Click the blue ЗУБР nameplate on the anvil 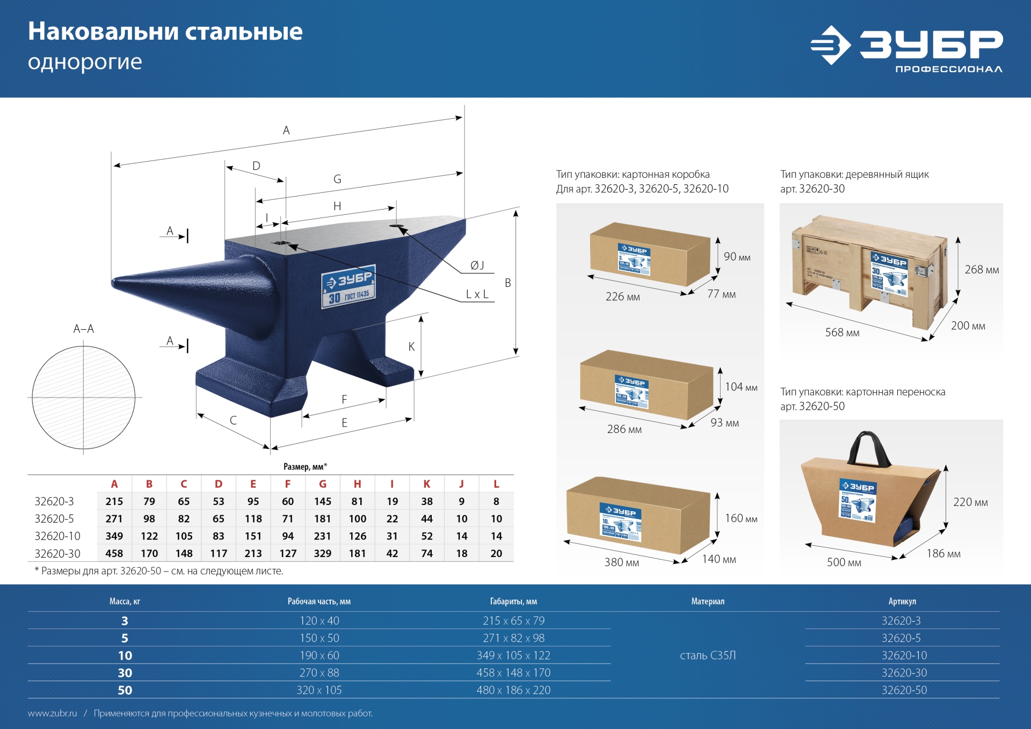(348, 286)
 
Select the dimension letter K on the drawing (411, 347)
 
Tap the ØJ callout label (477, 265)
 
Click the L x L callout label (477, 294)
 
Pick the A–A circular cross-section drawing (83, 397)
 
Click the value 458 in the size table (114, 553)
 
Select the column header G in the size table (322, 484)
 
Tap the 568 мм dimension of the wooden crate (842, 333)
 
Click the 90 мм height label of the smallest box (737, 257)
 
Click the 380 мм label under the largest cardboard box (621, 562)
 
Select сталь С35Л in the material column (707, 655)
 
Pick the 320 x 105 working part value (319, 690)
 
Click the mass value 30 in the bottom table (125, 673)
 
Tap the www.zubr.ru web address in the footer (52, 713)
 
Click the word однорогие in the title (85, 62)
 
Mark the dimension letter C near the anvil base (233, 420)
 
